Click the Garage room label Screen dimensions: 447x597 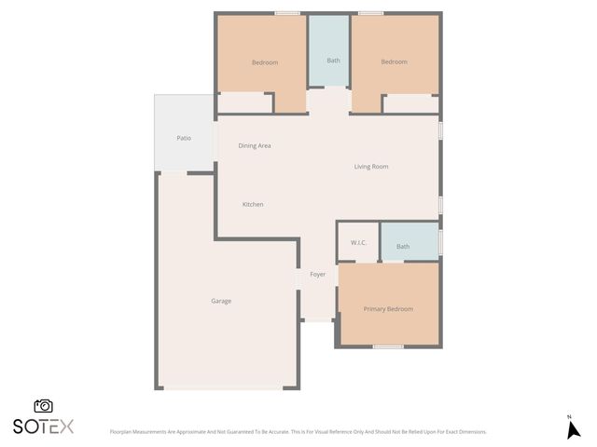[x=221, y=301]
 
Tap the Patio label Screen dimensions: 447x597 [x=184, y=138]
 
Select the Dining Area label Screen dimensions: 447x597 [x=255, y=145]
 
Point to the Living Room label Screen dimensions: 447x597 [x=370, y=167]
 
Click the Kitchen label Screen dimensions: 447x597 [x=253, y=204]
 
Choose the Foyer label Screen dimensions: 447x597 [x=317, y=275]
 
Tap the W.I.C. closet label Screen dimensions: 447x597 [x=359, y=243]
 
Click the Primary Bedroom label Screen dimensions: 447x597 [x=388, y=308]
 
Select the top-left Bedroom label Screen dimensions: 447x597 [x=265, y=62]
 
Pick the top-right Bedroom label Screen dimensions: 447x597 [x=394, y=62]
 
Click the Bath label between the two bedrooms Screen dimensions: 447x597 [x=333, y=61]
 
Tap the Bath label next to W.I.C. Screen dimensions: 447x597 [x=403, y=246]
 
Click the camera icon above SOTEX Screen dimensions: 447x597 [x=43, y=406]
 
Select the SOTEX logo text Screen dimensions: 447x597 [x=43, y=427]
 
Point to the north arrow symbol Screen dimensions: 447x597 [x=574, y=429]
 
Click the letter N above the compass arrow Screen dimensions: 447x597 [x=569, y=416]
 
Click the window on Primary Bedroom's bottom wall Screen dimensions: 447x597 [x=387, y=346]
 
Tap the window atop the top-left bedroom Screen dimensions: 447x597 [x=287, y=13]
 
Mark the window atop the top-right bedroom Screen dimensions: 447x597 [x=370, y=13]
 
